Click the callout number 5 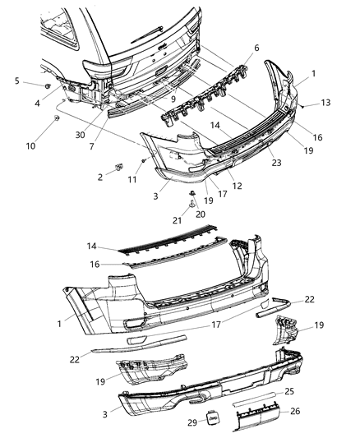[17, 81]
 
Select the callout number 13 [326, 103]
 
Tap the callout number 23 [276, 162]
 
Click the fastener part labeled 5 [48, 85]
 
